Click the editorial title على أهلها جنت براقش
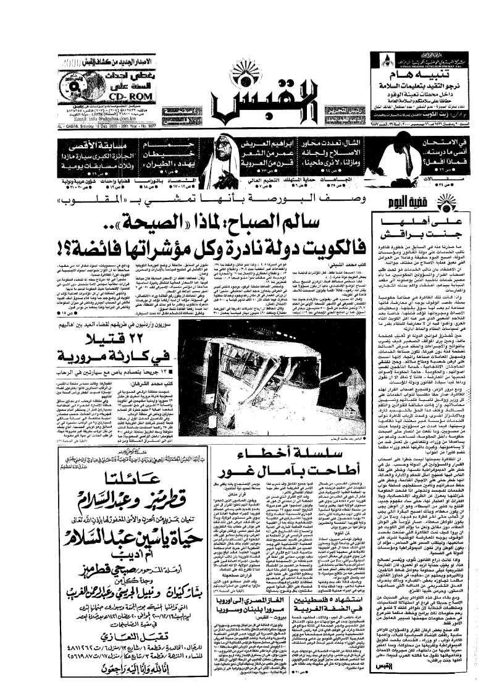[x=429, y=229]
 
